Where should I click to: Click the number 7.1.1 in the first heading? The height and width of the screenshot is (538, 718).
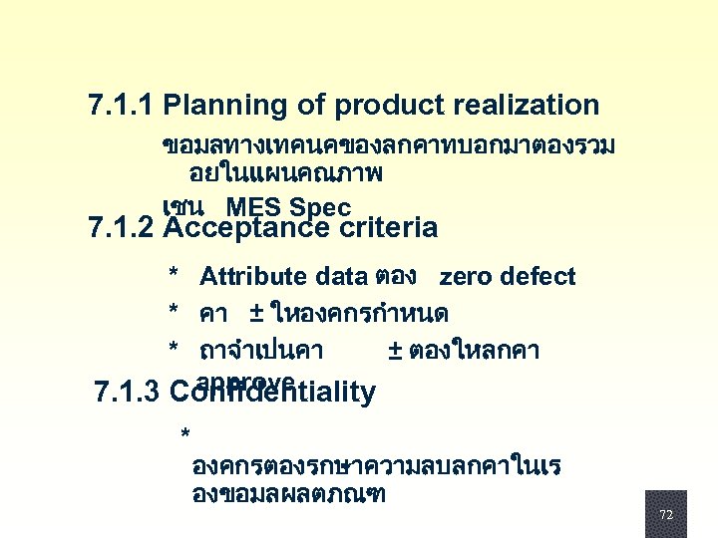(121, 105)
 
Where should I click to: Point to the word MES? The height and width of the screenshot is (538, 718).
(253, 207)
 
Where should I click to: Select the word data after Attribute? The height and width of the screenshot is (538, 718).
(341, 277)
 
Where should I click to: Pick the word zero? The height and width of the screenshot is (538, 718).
(464, 277)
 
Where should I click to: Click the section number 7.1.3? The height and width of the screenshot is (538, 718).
(126, 392)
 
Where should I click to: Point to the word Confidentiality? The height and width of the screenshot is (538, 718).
(272, 392)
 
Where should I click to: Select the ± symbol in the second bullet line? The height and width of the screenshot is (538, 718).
(256, 314)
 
